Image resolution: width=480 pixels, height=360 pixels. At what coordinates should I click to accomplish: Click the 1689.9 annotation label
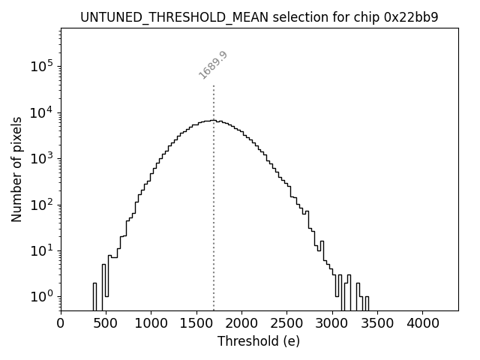pos(213,65)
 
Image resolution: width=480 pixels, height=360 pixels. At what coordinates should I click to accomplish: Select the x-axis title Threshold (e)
pos(258,341)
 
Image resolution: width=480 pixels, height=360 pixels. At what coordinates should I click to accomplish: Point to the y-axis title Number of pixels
pos(16,169)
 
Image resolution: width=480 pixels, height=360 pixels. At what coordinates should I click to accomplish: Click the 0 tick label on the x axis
pos(61,323)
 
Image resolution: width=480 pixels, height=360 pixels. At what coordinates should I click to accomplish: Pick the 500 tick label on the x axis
pos(106,323)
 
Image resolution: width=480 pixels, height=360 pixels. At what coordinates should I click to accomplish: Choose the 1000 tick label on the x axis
pos(151,323)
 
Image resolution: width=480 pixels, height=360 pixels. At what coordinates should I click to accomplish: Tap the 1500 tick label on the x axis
pos(196,323)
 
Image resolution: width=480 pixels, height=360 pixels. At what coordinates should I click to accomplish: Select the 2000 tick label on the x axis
pos(241,323)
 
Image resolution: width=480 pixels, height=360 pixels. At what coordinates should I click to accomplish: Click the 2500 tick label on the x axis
pos(286,323)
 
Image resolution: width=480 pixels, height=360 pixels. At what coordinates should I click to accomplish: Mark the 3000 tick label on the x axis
pos(332,323)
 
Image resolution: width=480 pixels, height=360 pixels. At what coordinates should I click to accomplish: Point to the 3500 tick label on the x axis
pos(377,323)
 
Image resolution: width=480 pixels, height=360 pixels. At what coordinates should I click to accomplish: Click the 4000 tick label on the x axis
pos(422,323)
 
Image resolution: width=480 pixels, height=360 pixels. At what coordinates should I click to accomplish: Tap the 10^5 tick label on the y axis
pos(42,66)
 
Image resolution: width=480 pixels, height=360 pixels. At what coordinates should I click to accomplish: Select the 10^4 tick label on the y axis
pos(42,112)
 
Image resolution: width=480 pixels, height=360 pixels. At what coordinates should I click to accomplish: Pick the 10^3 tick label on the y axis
pos(42,158)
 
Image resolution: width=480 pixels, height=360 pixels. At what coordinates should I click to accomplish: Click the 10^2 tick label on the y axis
pos(42,205)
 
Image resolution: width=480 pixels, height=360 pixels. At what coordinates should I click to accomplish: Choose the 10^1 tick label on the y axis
pos(42,250)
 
